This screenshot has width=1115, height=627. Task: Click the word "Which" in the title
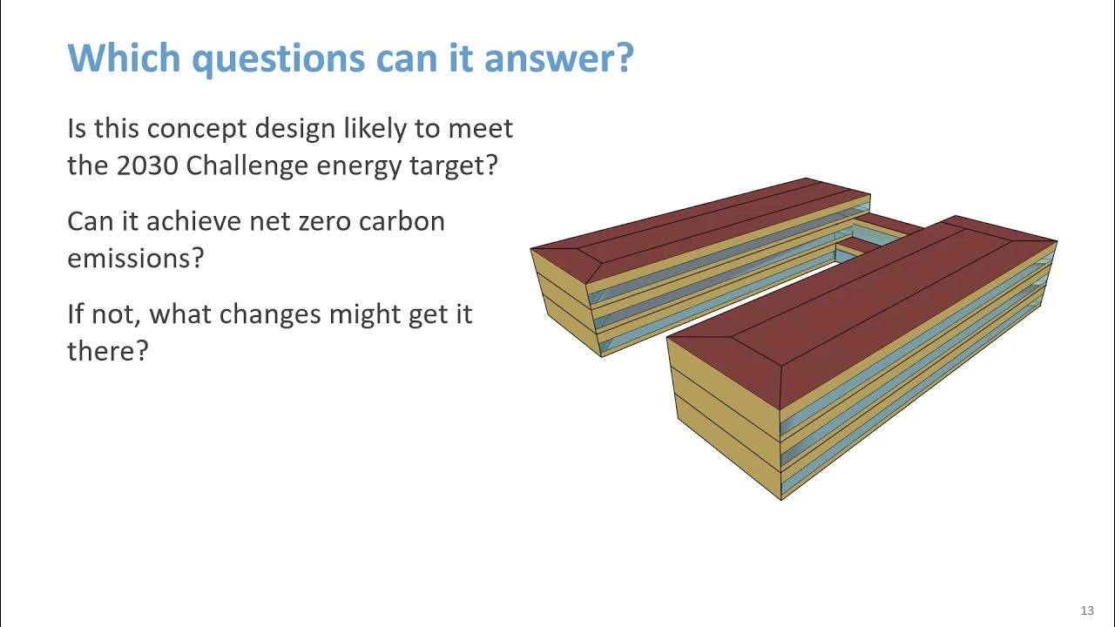[x=124, y=58]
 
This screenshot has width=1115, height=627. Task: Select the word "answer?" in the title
[x=558, y=58]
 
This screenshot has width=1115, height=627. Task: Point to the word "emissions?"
[x=135, y=258]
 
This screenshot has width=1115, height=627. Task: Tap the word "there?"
[x=108, y=351]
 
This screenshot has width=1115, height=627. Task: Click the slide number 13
[x=1086, y=610]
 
